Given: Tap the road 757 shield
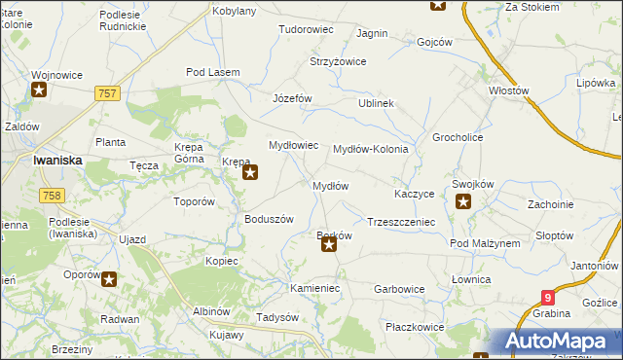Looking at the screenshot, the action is tap(108, 92).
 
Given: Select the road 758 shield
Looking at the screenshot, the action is tap(53, 196).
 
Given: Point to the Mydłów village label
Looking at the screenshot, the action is tap(329, 185).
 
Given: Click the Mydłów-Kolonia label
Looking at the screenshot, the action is tap(377, 150).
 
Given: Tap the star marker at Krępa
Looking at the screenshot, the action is tap(250, 174).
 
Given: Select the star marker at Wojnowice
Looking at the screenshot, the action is tap(40, 91).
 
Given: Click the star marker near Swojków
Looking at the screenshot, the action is tap(463, 202).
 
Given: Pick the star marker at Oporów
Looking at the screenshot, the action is tap(109, 280).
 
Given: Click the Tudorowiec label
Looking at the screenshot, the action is tap(306, 30).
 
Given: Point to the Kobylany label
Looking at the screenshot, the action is tap(234, 11).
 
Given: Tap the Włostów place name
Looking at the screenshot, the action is tap(508, 90).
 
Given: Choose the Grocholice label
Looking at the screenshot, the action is tap(458, 137).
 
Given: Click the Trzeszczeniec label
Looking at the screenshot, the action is tap(400, 222).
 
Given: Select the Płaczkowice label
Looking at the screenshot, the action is tap(414, 327).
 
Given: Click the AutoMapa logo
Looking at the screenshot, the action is tap(558, 342).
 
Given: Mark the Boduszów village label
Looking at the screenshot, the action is tap(269, 219).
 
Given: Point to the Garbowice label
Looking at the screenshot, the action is tap(399, 289).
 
